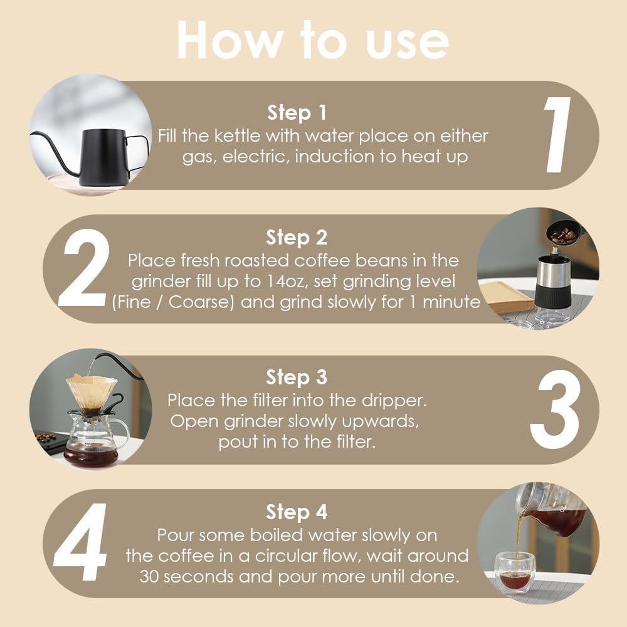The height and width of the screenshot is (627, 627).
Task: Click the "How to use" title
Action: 313,40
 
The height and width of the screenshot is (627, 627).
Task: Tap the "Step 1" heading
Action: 297,112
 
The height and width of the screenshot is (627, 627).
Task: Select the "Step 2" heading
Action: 297,237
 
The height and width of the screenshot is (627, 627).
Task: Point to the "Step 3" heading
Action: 297,377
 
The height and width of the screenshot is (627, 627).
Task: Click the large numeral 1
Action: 557,135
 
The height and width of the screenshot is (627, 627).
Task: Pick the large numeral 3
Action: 555,409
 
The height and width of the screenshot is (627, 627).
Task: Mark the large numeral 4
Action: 81,542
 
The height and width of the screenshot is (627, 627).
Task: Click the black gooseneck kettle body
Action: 104,157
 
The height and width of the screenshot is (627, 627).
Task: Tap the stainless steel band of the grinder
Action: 554,271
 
